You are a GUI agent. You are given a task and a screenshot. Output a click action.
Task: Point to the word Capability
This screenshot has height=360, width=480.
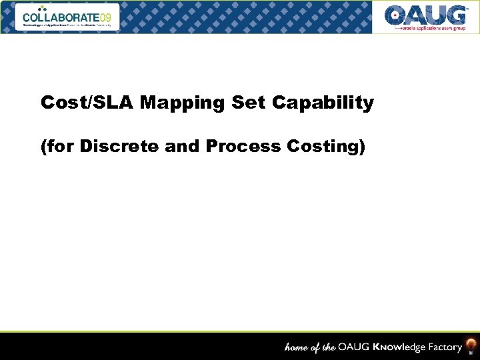coord(323,104)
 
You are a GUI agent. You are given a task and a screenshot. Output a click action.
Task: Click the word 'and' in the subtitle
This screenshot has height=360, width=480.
coord(183,147)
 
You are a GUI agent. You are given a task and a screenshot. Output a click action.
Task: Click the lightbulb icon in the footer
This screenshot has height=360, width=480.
coord(471,345)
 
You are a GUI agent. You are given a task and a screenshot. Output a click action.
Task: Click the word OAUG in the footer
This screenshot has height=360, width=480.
coord(353,347)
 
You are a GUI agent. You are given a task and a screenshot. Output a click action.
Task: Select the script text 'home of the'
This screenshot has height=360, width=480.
coord(310,347)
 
